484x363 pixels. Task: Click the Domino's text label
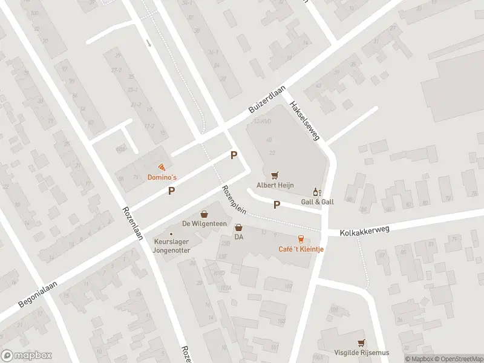(162, 178)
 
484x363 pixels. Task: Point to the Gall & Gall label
(317, 201)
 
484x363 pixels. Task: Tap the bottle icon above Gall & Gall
(315, 192)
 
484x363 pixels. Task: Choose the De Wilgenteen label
(204, 224)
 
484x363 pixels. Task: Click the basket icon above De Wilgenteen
(204, 214)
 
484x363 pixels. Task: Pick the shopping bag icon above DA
(239, 228)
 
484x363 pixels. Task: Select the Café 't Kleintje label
(301, 249)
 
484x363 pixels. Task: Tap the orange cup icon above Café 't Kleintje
(301, 238)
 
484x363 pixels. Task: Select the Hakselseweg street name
(304, 121)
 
